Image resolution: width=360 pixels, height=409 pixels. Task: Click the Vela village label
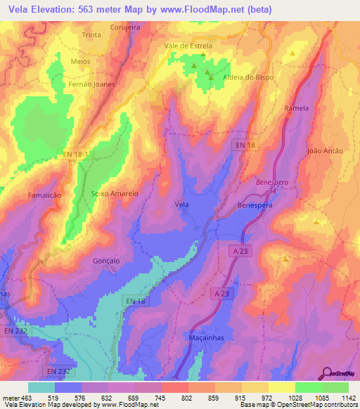pos(181,204)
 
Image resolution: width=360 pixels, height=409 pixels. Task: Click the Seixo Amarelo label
pos(114,193)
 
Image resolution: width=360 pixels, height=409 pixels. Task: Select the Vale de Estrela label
pos(188,46)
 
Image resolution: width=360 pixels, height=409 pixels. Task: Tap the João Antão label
pos(324,150)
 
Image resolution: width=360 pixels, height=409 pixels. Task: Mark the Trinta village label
pos(91,34)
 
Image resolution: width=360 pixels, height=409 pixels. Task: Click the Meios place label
pos(81,61)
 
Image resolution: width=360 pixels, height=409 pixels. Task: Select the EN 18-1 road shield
pos(75,152)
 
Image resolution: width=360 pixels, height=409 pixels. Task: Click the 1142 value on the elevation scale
pos(345,398)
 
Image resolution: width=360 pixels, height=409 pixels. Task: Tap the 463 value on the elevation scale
pos(27,398)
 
